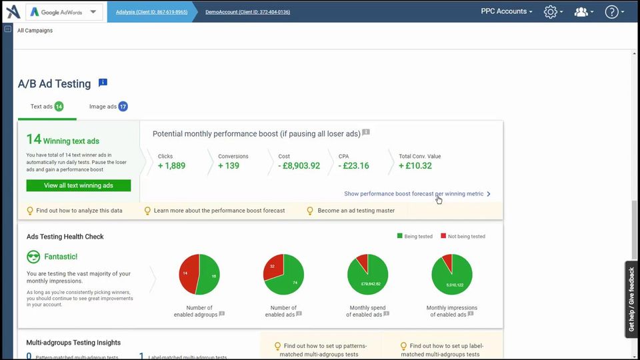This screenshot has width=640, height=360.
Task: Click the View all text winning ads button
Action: pos(79,185)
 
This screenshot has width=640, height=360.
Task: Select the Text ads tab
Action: pos(47,107)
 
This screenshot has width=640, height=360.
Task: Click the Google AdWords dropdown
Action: pos(64,12)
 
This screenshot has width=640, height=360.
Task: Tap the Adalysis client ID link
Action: pos(151,12)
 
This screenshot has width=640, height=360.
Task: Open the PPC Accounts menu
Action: pos(507,11)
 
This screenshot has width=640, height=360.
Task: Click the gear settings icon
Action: pos(551,12)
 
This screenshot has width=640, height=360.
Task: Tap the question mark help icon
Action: pos(612,12)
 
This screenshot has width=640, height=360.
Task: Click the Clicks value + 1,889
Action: pos(171,166)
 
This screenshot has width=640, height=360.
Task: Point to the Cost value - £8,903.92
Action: pos(299,166)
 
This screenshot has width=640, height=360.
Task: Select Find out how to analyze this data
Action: pos(79,211)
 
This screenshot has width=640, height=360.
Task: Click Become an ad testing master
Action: pos(355,211)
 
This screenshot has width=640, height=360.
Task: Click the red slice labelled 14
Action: pos(187,273)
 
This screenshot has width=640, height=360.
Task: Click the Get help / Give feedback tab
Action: pos(631,299)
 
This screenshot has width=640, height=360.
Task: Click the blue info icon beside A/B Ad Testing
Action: pos(103,83)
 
